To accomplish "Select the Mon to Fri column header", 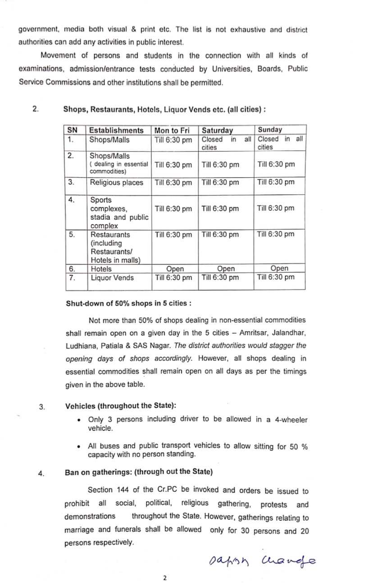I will pos(173,130).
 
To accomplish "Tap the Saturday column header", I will pos(217,130).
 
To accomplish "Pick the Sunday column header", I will pos(270,130).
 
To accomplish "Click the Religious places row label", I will pos(117,183).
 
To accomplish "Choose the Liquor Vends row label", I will pos(112,278).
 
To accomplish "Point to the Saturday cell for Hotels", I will pos(225,269).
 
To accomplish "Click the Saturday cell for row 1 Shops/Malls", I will pos(226,143).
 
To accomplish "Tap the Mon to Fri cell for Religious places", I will pos(173,183).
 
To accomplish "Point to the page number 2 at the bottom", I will pos(165,578).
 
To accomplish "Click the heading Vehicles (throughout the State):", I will pos(120,406).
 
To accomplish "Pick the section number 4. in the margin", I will pos(41,473).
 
